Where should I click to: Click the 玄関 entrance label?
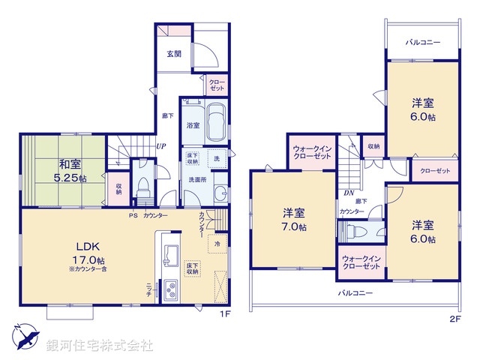pos(174,54)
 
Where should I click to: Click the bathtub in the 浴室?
pos(216,120)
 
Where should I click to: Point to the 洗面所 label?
pos(197,180)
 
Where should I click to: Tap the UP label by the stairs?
pos(161,147)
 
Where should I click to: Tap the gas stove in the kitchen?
pos(170,287)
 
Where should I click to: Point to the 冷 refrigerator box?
pos(217,243)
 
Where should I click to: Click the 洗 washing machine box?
pos(216,159)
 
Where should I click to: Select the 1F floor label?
pos(224,314)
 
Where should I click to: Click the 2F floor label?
pos(453,318)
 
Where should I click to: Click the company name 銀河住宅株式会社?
pos(99,346)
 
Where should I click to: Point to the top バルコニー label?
pos(423,42)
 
